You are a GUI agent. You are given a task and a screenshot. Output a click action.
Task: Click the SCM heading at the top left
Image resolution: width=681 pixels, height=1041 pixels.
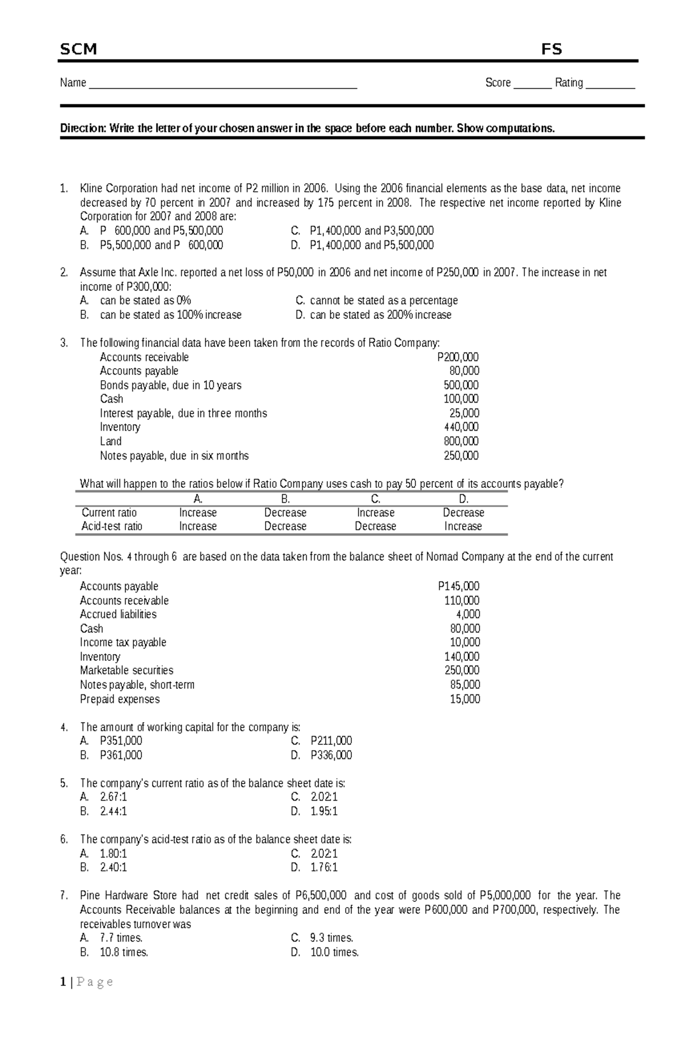[x=78, y=49]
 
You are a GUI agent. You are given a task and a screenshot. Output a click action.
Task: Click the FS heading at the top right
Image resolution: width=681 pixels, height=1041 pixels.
[x=551, y=49]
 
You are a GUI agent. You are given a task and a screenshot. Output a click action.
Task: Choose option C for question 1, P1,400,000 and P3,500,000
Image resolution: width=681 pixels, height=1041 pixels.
[x=371, y=231]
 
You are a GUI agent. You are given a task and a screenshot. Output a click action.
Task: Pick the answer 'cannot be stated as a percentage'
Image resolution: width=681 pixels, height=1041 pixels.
[x=384, y=301]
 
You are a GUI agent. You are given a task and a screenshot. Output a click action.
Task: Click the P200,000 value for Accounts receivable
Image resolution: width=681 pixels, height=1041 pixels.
[x=458, y=357]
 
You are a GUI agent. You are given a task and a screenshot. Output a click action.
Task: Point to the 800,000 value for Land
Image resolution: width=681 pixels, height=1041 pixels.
[x=461, y=441]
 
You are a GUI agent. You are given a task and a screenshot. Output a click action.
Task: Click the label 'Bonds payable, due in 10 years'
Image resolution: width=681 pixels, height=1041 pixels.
[x=170, y=385]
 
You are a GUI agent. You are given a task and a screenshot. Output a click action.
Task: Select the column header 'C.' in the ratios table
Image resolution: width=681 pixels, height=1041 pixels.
[x=375, y=499]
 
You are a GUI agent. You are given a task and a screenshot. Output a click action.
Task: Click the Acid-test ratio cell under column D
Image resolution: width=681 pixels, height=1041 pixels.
[x=463, y=526]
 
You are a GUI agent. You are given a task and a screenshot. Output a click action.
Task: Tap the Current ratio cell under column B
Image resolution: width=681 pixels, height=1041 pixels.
[x=285, y=513]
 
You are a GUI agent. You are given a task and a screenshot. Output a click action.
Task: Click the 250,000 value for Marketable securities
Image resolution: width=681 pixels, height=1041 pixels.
[x=462, y=671]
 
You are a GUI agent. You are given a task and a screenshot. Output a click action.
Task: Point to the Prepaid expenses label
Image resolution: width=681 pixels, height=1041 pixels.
[x=120, y=699]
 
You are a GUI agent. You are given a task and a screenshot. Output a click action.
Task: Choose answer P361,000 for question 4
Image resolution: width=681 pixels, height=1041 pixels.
[x=121, y=755]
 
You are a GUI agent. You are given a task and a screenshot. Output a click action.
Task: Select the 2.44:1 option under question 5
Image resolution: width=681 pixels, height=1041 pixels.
[x=113, y=811]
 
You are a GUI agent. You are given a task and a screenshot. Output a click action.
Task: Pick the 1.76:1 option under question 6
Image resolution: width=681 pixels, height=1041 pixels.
[x=323, y=867]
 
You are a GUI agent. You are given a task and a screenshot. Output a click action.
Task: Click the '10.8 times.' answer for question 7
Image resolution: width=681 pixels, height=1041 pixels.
[x=124, y=953]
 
